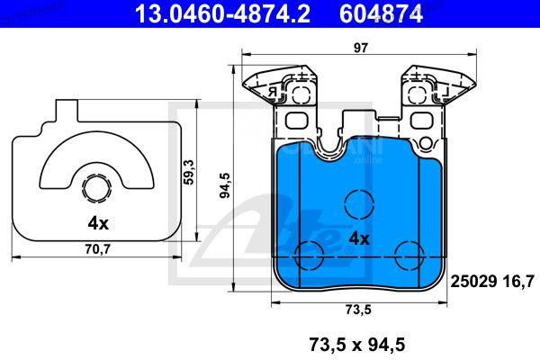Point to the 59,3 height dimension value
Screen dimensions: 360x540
coord(188,171)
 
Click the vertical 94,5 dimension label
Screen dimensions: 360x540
coord(224,184)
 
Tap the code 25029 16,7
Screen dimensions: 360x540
coord(491,281)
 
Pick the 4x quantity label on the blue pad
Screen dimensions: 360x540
coord(359,238)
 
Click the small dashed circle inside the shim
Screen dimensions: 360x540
coord(96,188)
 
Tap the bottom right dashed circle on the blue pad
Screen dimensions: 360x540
coord(409,255)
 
